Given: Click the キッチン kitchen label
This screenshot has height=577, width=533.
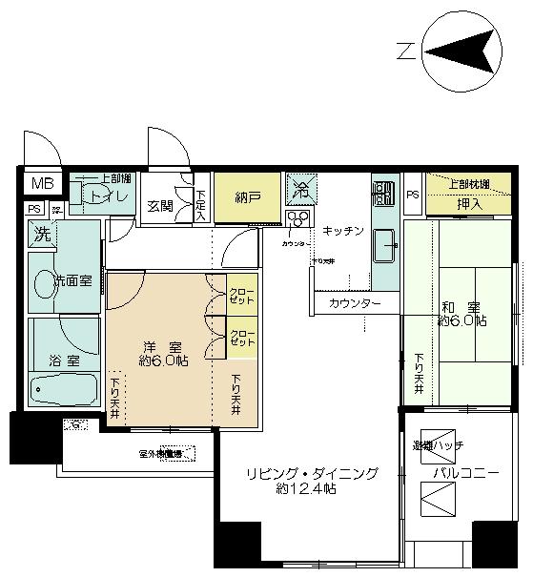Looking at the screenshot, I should [342, 231].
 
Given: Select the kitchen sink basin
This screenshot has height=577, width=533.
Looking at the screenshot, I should [385, 247].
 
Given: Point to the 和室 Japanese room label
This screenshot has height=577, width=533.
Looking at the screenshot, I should [461, 314].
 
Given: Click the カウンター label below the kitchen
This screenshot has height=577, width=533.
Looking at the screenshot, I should [355, 303].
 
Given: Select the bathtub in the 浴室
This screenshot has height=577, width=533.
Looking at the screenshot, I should [63, 389].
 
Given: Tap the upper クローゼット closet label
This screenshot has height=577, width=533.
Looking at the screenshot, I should [242, 292].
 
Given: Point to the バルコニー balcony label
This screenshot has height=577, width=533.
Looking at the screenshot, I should [466, 473].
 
